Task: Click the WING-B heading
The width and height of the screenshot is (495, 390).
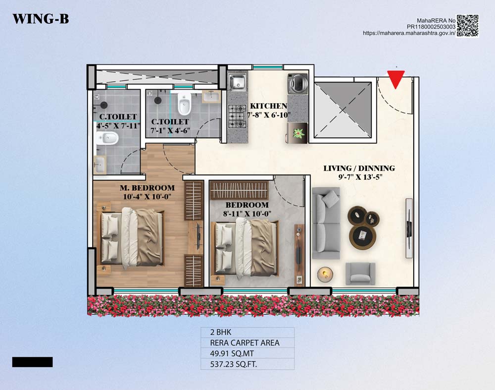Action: tap(41, 19)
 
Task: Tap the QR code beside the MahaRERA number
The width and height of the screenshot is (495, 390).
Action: tap(468, 26)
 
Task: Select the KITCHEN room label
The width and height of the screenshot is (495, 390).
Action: tap(269, 106)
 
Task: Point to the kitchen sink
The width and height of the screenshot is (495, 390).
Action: tap(238, 82)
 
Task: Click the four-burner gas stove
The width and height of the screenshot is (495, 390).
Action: tap(237, 116)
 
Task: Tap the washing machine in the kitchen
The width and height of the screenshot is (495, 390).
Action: tap(297, 84)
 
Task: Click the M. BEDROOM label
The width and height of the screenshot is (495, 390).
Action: tap(147, 188)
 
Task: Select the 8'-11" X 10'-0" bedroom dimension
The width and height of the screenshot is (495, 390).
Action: tap(247, 214)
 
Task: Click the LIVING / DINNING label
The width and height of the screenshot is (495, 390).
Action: tap(359, 168)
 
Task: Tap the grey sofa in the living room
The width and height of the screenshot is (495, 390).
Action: tap(326, 223)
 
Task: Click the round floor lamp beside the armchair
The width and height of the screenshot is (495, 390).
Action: tap(325, 274)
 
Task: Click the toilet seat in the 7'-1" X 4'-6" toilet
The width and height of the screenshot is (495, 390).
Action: tap(184, 104)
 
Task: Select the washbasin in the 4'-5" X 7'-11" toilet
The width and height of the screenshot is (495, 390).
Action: tap(100, 164)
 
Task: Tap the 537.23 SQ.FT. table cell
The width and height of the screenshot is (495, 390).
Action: tap(247, 364)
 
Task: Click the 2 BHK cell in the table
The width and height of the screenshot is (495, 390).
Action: tap(247, 332)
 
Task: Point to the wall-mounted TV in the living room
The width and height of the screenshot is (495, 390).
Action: tap(409, 228)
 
